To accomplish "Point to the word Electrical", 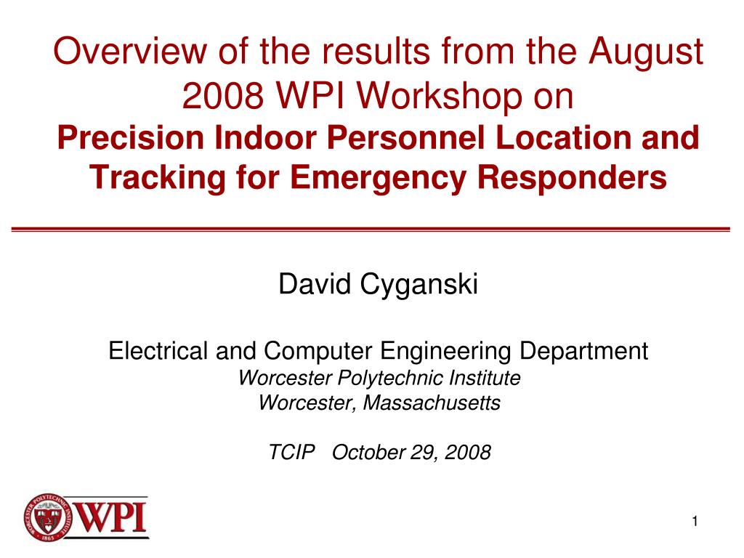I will tap(158, 352).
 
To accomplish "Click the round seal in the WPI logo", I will tap(48, 517).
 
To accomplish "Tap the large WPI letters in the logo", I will tap(111, 517).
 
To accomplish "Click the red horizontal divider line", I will tap(371, 229).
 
